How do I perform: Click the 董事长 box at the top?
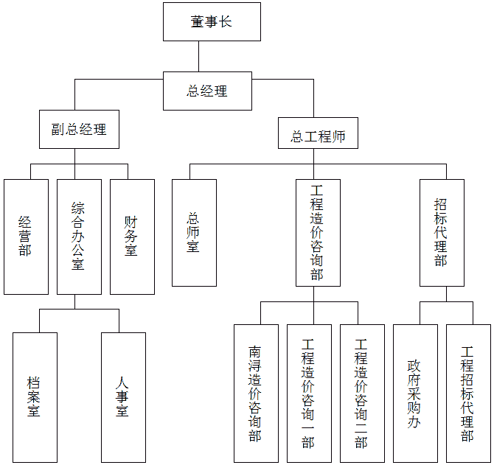click(212, 21)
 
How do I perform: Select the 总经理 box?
click(207, 91)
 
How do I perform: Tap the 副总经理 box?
click(79, 129)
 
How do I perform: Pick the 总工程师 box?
click(318, 136)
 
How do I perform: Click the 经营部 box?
click(26, 237)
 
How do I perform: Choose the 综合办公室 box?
click(79, 237)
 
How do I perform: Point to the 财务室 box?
click(132, 237)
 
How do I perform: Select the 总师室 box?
click(194, 232)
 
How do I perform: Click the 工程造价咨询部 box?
click(318, 232)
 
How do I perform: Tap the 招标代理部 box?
click(442, 232)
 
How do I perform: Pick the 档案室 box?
click(35, 397)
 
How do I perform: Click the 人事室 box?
click(123, 397)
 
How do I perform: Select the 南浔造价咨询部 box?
click(256, 393)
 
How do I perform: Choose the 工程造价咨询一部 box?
click(309, 393)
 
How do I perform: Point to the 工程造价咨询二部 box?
click(362, 393)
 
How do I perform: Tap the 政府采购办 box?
click(415, 393)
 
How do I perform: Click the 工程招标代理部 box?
click(468, 393)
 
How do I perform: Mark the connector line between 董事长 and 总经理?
click(198, 56)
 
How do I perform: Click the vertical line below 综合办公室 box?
click(75, 301)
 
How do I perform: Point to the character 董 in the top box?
click(198, 21)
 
